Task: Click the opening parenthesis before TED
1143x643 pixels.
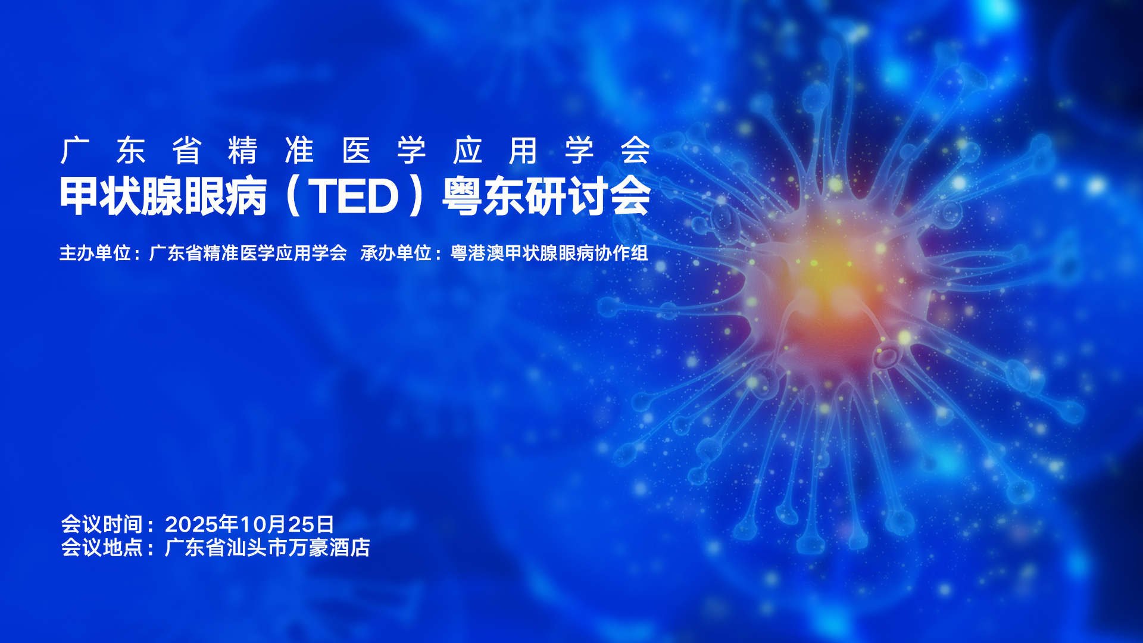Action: point(292,196)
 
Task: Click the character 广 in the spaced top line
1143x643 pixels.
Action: point(75,150)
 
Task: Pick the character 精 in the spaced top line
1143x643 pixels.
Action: point(243,150)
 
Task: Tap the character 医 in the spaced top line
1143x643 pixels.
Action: point(356,150)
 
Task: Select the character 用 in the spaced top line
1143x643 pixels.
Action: point(524,150)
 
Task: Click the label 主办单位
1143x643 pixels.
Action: point(95,253)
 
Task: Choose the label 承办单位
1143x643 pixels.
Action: point(396,253)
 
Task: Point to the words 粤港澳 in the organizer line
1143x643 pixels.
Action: point(477,253)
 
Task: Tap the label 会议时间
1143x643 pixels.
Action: point(102,525)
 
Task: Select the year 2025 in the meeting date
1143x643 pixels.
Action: point(191,525)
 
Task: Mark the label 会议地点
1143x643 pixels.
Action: point(102,548)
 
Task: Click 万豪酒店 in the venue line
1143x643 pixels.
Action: point(329,548)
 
